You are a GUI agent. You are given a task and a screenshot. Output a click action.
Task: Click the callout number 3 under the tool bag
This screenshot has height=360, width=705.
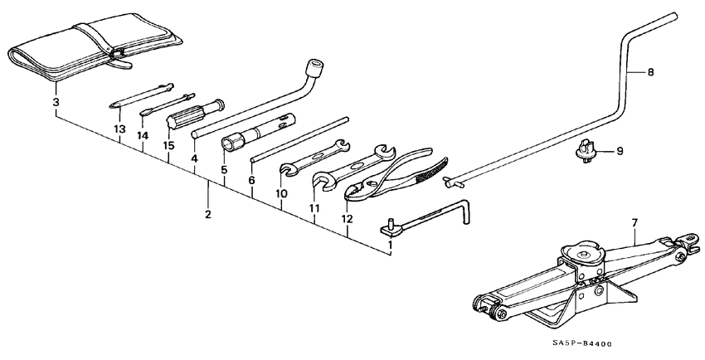(56, 102)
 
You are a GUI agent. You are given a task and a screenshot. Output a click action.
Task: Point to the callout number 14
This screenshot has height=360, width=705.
(143, 135)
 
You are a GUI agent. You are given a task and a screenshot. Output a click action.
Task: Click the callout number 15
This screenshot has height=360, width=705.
(169, 146)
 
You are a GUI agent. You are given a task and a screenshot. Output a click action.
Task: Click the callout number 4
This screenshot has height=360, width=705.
(194, 158)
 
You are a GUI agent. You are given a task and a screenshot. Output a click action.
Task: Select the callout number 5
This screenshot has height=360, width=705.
(223, 170)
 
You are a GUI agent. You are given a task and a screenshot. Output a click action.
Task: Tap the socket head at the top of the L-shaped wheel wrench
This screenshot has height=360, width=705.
(314, 66)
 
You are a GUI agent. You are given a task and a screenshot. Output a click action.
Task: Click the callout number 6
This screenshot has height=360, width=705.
(251, 180)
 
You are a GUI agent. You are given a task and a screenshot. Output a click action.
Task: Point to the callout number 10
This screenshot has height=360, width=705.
(282, 193)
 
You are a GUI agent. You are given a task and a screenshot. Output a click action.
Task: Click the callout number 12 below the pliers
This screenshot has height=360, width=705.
(347, 219)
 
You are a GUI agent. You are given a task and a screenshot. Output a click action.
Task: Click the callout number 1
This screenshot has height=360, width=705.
(391, 246)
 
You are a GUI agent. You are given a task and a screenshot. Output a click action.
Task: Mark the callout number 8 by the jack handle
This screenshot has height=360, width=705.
(649, 72)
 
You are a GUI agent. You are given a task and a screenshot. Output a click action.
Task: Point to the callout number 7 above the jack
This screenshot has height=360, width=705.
(634, 222)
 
